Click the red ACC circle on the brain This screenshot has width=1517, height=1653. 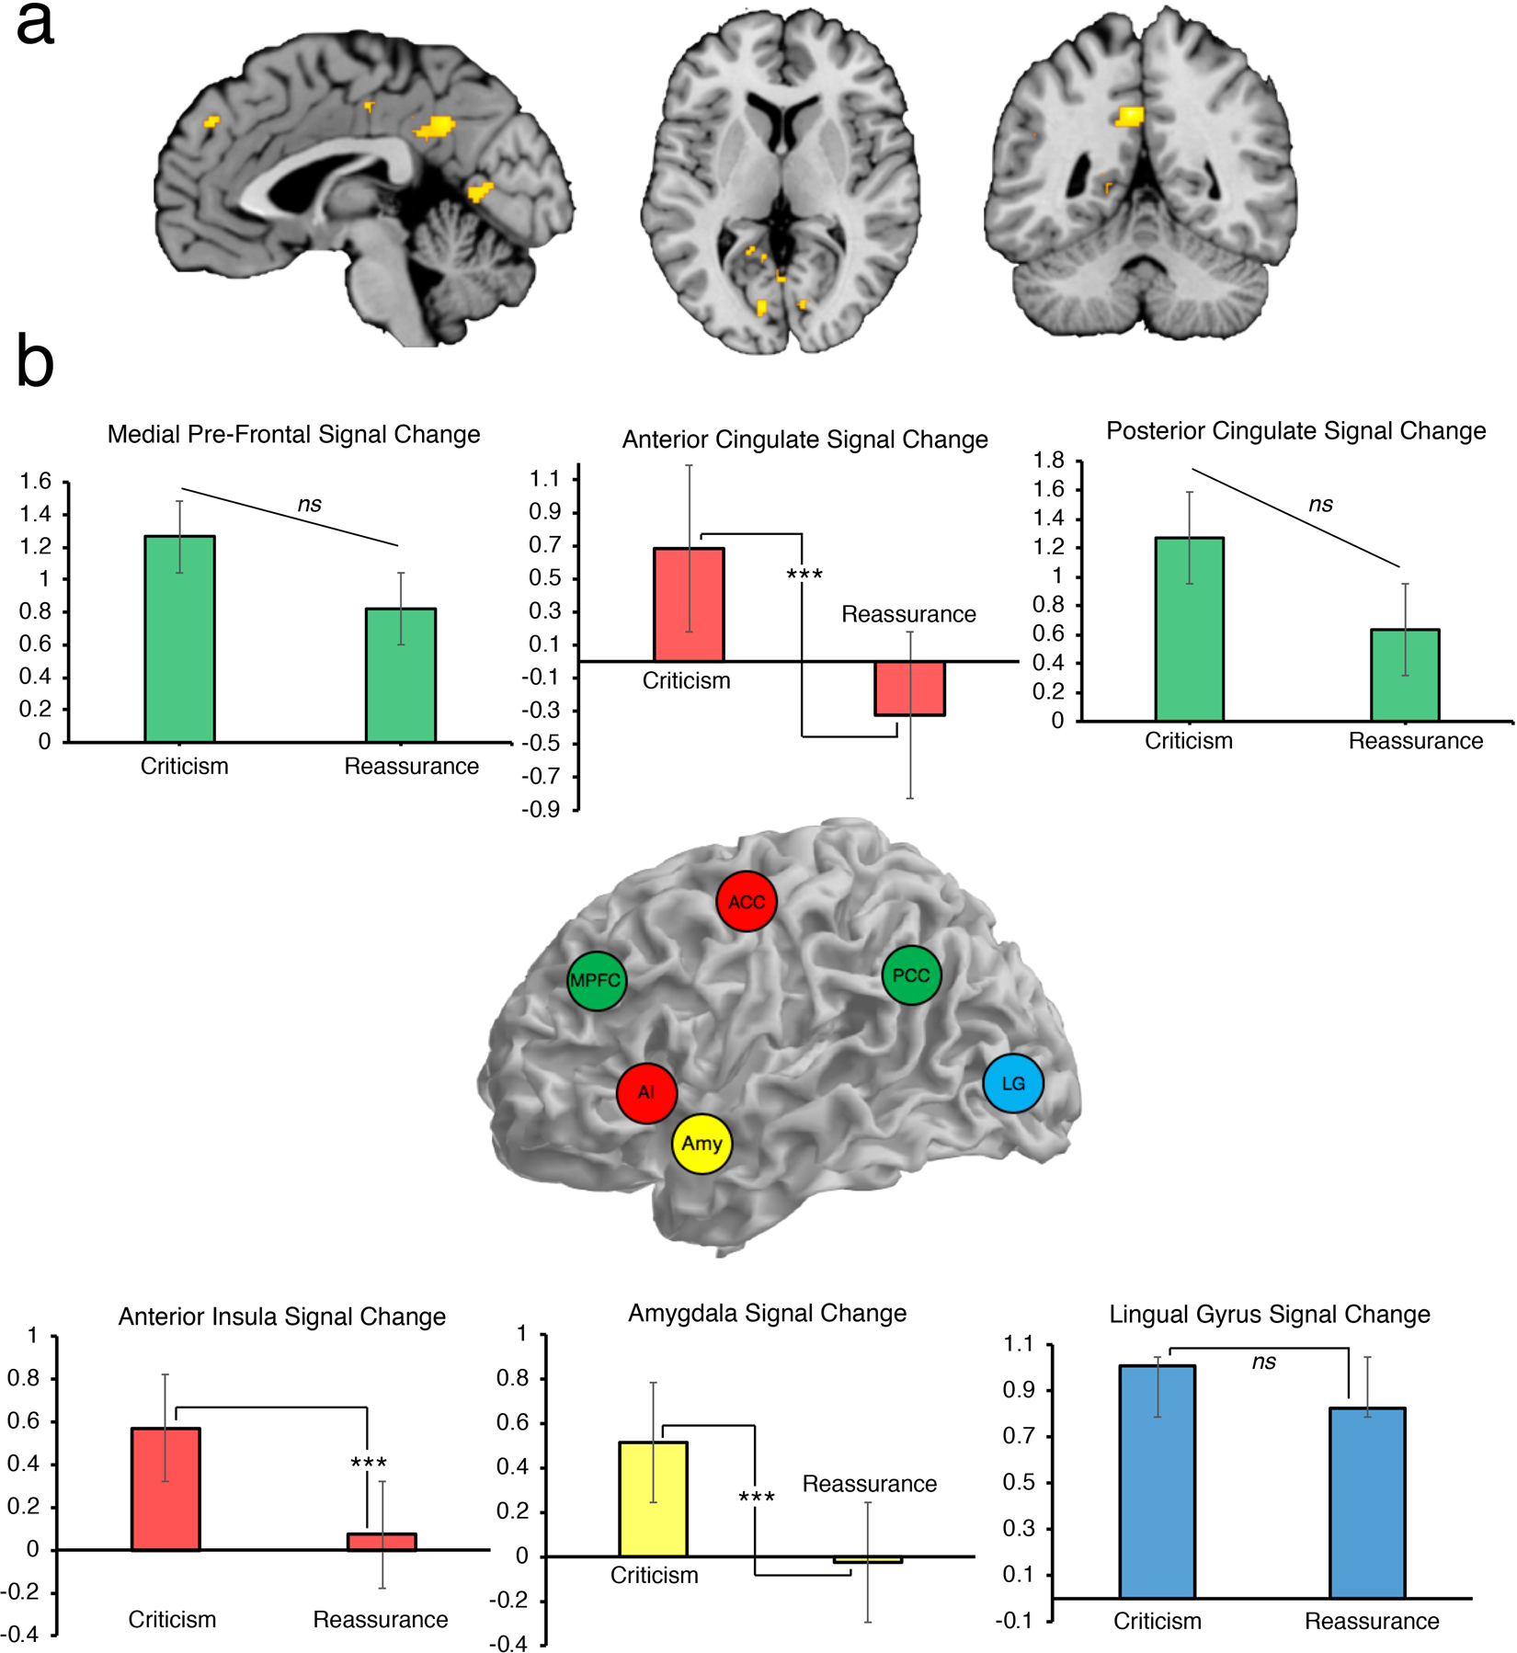click(x=747, y=901)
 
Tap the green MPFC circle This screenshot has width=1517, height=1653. click(x=597, y=981)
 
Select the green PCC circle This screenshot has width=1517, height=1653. click(x=911, y=975)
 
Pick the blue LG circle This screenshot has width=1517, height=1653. click(x=1013, y=1083)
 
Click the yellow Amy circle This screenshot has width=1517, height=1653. click(x=702, y=1144)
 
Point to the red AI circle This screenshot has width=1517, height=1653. click(x=646, y=1093)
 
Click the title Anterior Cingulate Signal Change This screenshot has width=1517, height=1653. click(x=804, y=439)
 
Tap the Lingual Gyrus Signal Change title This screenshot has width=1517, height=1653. click(x=1269, y=1314)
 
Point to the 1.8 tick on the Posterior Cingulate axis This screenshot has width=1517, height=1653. click(x=1049, y=460)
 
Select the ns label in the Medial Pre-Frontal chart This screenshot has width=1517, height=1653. click(x=309, y=504)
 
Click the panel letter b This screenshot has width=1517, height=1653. click(x=35, y=362)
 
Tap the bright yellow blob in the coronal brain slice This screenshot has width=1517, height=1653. click(x=1130, y=117)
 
